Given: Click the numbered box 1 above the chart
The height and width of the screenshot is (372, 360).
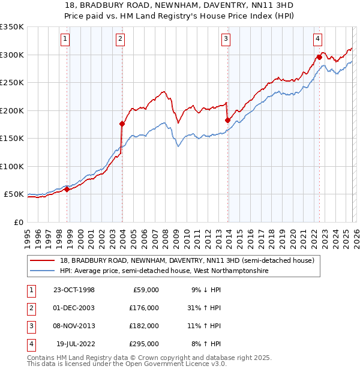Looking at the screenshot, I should pos(65,40).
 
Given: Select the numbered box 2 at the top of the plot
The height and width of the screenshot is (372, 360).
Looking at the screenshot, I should pos(120,40).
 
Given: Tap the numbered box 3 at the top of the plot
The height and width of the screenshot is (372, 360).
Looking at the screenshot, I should pos(226,40).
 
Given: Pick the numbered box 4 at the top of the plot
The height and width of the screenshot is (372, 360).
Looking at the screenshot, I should pos(317,40).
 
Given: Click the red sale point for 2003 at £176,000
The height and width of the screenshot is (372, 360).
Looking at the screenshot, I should pos(122,124).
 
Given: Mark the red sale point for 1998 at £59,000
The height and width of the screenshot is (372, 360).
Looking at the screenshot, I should pos(67,189).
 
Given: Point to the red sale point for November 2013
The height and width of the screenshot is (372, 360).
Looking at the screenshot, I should pos(227,120).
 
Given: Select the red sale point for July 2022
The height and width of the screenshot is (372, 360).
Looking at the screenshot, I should pos(319,57).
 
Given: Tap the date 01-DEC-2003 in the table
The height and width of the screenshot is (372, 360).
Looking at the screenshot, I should pos(74,308).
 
